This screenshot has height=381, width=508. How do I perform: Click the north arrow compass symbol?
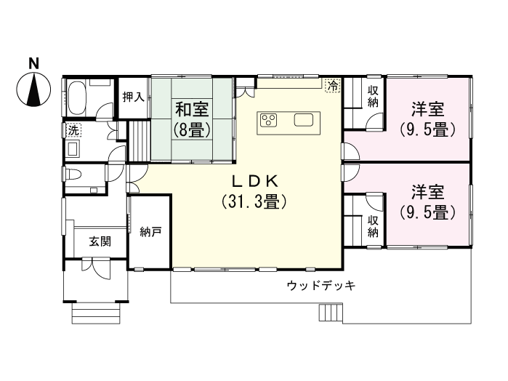click(x=33, y=92)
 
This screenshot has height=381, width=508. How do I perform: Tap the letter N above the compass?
click(x=33, y=64)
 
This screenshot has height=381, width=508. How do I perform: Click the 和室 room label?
click(x=192, y=110)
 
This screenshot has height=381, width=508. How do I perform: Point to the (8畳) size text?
click(x=192, y=130)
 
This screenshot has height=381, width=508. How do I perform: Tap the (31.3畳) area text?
click(x=254, y=201)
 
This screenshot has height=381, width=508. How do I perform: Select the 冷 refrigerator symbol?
click(x=333, y=85)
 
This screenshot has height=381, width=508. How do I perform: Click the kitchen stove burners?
click(x=268, y=120)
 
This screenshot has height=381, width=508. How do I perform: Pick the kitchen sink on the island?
click(x=304, y=120)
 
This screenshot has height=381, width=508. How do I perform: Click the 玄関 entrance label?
click(x=100, y=241)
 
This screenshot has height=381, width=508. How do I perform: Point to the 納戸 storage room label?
click(x=150, y=233)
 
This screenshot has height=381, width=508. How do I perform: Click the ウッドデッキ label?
click(x=320, y=285)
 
